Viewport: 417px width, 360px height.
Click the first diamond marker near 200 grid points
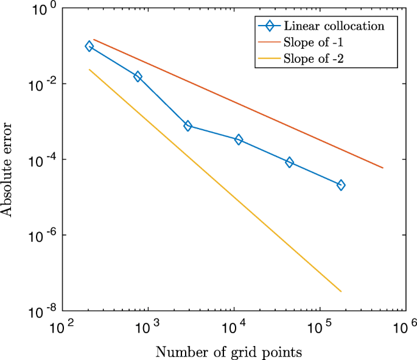coord(89,46)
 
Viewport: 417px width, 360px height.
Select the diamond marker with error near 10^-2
coord(138,76)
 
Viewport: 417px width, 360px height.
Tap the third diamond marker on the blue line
coord(188,126)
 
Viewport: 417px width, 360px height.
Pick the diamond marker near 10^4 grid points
coord(239,139)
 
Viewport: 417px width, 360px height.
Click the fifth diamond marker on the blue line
coord(289,162)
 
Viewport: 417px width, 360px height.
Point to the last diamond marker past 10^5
coord(341,185)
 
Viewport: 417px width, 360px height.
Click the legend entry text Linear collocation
coord(333,26)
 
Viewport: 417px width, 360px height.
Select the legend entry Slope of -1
coord(317,43)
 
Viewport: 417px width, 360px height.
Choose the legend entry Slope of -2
coord(317,59)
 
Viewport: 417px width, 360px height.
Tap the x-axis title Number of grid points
coord(228,351)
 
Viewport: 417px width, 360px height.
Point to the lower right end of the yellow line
coord(341,291)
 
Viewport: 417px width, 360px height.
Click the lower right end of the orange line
coord(383,168)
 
